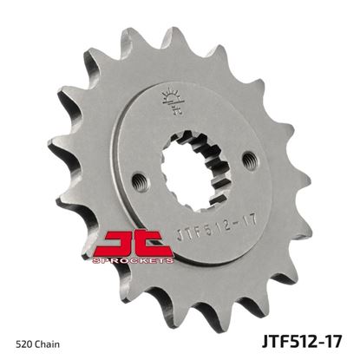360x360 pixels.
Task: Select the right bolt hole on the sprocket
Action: click(x=250, y=159)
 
